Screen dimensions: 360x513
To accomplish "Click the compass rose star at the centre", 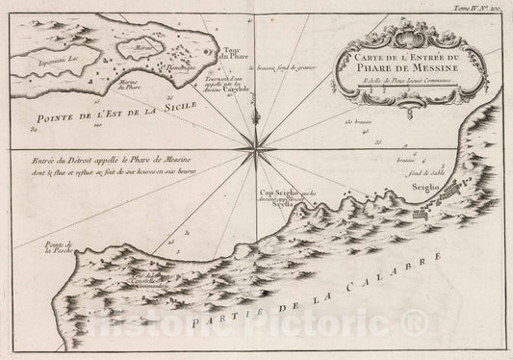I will (x=257, y=147).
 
